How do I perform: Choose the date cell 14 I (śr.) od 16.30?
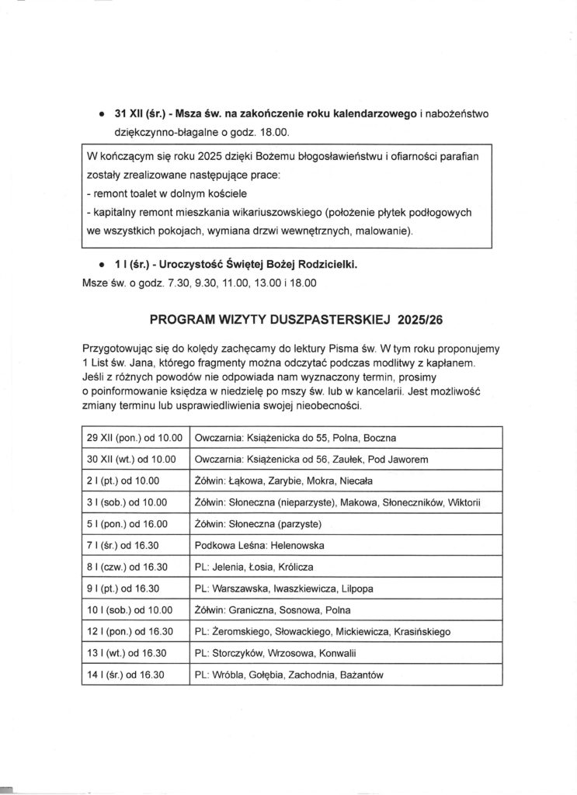[129, 675]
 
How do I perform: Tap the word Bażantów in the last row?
[361, 675]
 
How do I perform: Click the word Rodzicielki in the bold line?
[318, 265]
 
